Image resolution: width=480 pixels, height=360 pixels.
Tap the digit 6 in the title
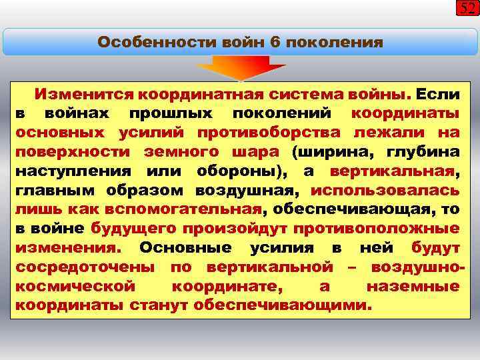[x=275, y=43]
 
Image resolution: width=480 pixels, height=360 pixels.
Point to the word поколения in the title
[x=334, y=43]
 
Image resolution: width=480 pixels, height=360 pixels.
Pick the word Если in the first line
[x=439, y=93]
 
